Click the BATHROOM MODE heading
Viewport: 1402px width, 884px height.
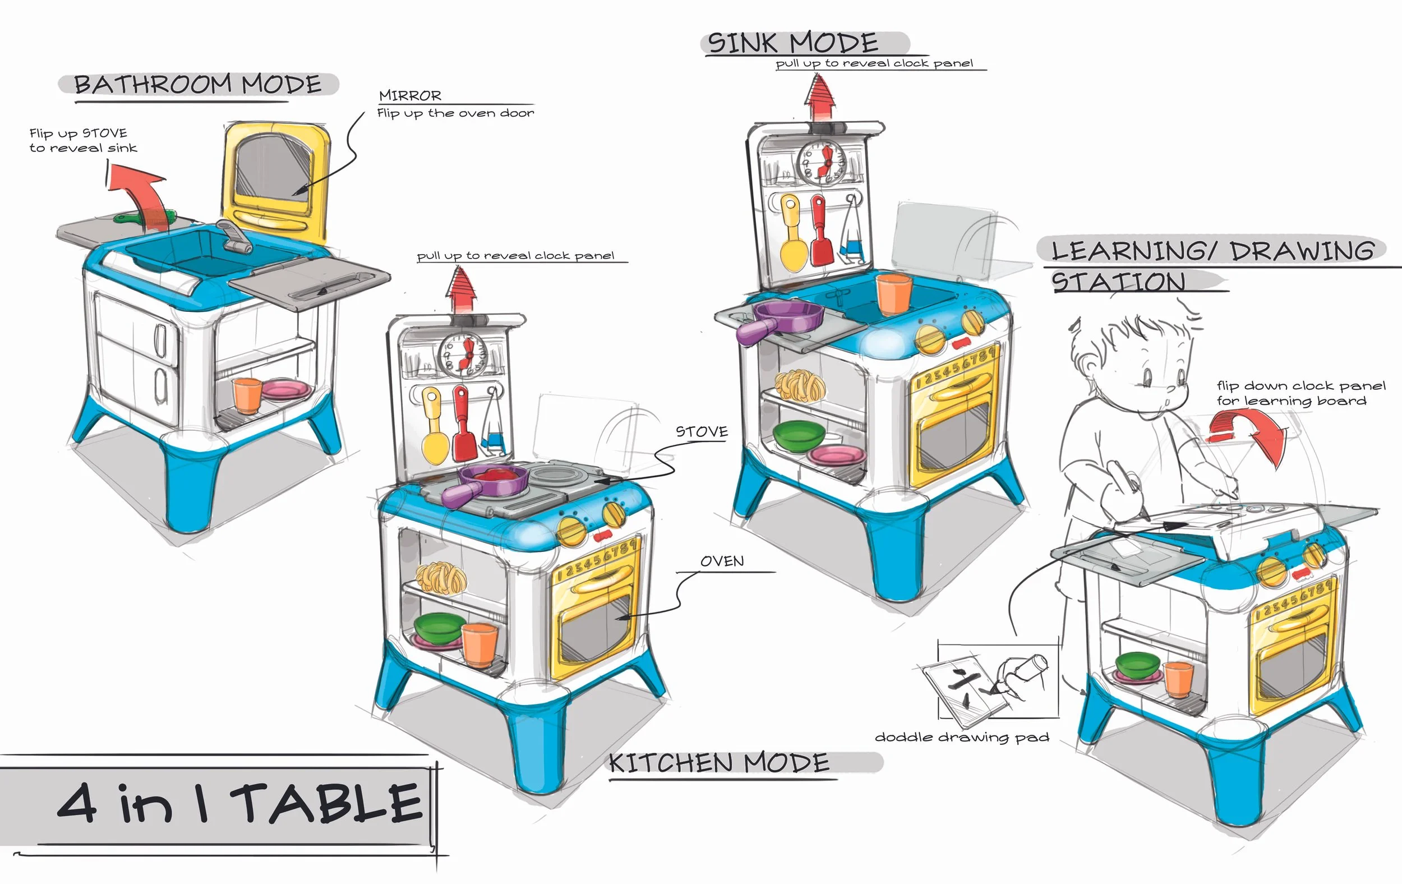click(x=198, y=85)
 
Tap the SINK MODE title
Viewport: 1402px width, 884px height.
click(x=793, y=43)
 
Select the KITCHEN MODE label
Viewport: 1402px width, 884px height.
click(x=720, y=763)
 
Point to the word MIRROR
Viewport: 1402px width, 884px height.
click(x=410, y=95)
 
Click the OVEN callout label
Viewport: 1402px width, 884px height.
click(x=722, y=561)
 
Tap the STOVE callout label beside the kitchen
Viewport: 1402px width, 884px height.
click(x=702, y=431)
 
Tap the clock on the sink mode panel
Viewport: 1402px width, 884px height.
click(x=822, y=162)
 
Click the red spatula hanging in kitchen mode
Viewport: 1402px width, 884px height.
click(x=463, y=425)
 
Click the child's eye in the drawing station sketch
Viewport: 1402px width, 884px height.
click(x=1146, y=378)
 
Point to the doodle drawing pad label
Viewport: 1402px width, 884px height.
click(x=962, y=737)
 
